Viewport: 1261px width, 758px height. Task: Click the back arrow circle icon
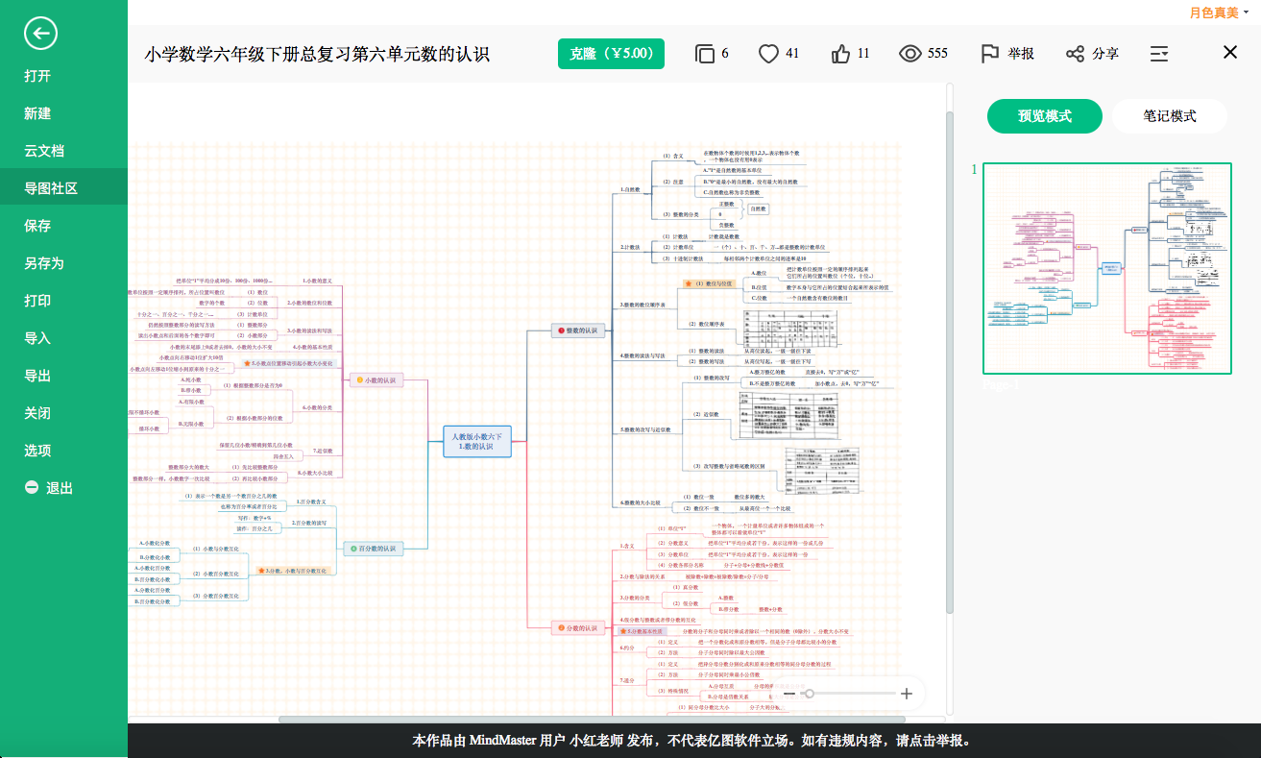coord(41,34)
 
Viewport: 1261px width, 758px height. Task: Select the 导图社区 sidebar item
coord(51,188)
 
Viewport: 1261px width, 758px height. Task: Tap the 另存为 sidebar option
coord(44,263)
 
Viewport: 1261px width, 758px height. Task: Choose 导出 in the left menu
coord(37,376)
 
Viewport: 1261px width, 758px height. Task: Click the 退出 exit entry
coord(49,488)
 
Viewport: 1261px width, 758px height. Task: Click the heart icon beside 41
coord(768,54)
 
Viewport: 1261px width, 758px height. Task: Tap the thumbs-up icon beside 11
coord(841,54)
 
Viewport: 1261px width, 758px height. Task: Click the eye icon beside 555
coord(909,54)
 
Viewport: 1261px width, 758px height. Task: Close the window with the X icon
coord(1230,53)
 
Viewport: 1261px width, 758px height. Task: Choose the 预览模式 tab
coord(1045,116)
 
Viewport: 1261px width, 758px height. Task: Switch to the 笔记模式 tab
coord(1169,116)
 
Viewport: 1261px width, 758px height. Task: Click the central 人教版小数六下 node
coord(476,442)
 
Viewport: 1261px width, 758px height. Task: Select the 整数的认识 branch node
coord(577,330)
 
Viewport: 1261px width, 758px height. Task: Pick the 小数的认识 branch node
coord(376,380)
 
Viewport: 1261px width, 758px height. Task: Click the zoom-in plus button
coord(906,694)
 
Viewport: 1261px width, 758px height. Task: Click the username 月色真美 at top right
coord(1213,12)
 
